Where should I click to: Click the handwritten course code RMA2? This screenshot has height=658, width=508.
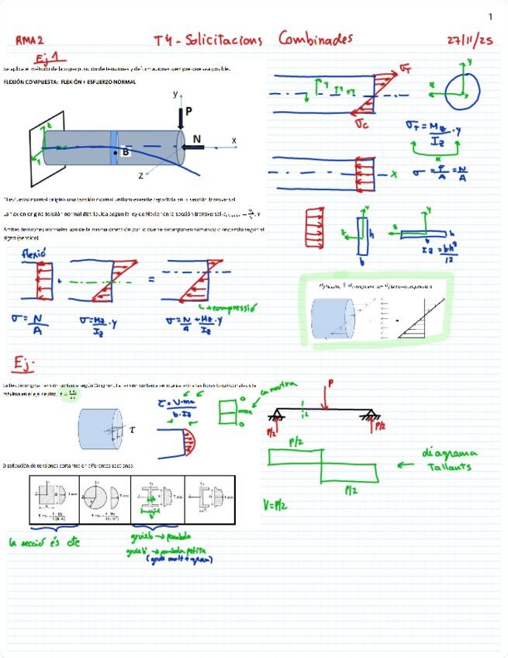(30, 40)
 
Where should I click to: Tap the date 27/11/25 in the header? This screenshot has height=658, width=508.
(470, 39)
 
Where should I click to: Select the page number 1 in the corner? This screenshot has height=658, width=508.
(490, 16)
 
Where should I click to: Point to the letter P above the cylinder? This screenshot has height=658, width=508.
(189, 112)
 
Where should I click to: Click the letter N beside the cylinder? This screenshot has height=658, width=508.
(196, 139)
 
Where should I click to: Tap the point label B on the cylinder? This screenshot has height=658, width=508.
(126, 152)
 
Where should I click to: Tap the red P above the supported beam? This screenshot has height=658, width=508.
(330, 383)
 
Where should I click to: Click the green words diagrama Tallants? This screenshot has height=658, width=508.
(451, 459)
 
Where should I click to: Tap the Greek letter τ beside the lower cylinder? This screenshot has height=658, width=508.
(132, 428)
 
